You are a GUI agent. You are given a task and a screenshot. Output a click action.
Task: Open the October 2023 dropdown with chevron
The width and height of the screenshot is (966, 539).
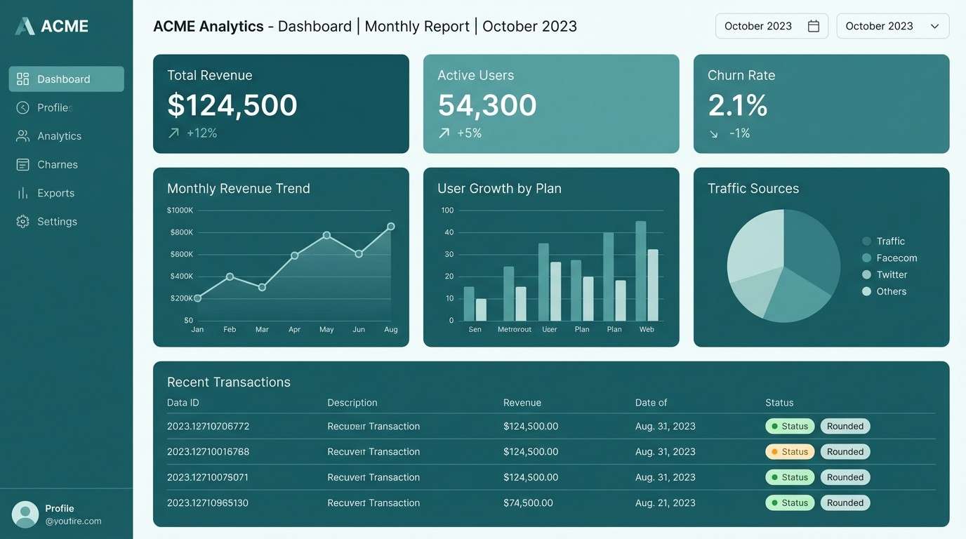[892, 26]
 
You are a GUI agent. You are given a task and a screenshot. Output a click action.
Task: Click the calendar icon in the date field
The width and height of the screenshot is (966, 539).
[814, 26]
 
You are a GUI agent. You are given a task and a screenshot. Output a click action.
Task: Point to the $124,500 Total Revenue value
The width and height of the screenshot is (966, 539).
[232, 105]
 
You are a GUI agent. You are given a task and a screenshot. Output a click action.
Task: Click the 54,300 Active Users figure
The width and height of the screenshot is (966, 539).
[487, 105]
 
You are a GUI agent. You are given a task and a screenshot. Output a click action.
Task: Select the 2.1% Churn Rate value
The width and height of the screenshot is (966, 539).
[738, 105]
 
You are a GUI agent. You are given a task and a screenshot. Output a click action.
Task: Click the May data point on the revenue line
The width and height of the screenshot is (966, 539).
[326, 235]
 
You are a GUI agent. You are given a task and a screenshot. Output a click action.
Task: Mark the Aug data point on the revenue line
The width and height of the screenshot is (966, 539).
[391, 227]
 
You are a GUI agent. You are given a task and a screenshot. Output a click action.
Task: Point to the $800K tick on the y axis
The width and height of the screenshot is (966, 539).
[181, 232]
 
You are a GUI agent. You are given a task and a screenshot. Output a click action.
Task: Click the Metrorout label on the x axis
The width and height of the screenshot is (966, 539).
[515, 329]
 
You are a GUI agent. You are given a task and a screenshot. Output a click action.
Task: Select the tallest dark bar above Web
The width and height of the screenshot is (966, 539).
[641, 271]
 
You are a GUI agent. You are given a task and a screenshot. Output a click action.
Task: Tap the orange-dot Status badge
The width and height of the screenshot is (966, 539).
[790, 452]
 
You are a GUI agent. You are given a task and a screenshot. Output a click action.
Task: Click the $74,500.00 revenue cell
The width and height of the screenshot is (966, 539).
[528, 503]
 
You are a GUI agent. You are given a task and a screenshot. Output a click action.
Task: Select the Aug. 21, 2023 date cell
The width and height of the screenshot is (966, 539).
[665, 503]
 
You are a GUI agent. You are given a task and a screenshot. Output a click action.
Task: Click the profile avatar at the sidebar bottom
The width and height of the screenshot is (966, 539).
[25, 514]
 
